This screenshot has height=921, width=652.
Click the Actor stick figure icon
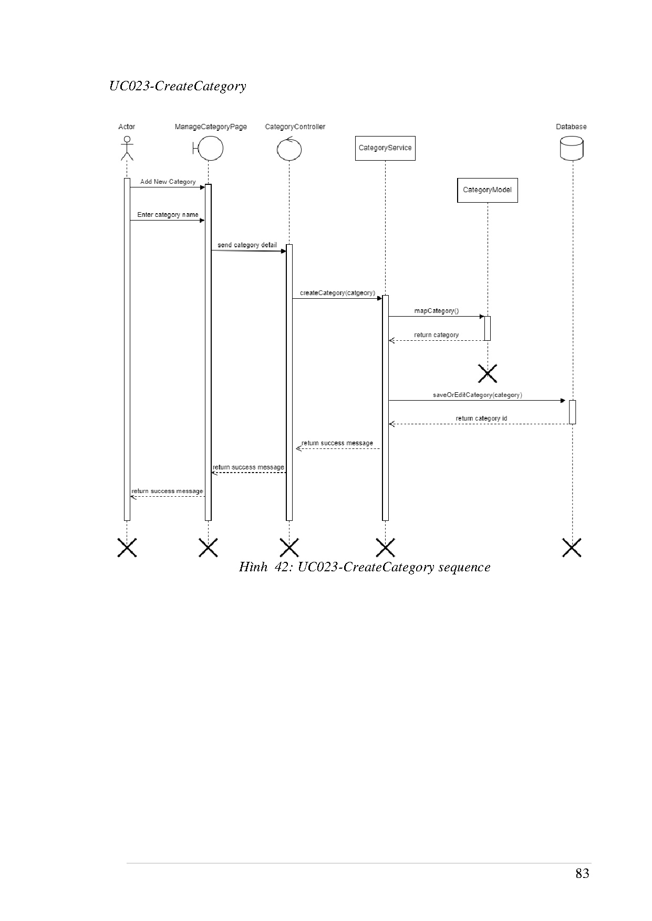pos(127,149)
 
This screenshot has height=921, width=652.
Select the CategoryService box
pos(385,148)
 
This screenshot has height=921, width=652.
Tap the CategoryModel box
pos(487,190)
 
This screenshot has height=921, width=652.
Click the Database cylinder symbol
pos(572,148)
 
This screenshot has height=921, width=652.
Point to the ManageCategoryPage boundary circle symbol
pos(209,149)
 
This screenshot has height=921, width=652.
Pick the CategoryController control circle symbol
pos(289,149)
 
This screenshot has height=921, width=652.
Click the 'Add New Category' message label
pos(168,182)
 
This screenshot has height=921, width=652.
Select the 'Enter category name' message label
pos(168,215)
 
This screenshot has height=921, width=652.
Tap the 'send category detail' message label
pos(247,245)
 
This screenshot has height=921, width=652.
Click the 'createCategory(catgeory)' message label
pos(337,293)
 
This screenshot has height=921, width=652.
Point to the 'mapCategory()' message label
pos(436,311)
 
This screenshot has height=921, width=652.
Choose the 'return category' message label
pos(436,335)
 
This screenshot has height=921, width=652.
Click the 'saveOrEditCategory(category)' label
pos(477,395)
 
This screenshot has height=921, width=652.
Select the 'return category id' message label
pos(481,418)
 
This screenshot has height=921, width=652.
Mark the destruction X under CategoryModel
pos(488,373)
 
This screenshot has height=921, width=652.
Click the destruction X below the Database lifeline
pos(572,547)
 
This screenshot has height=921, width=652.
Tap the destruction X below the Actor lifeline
pos(127,547)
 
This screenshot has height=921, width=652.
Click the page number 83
pos(582,873)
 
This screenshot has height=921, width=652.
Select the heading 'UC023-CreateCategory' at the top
pos(178,86)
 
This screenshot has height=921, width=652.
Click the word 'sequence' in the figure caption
pos(464,567)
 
